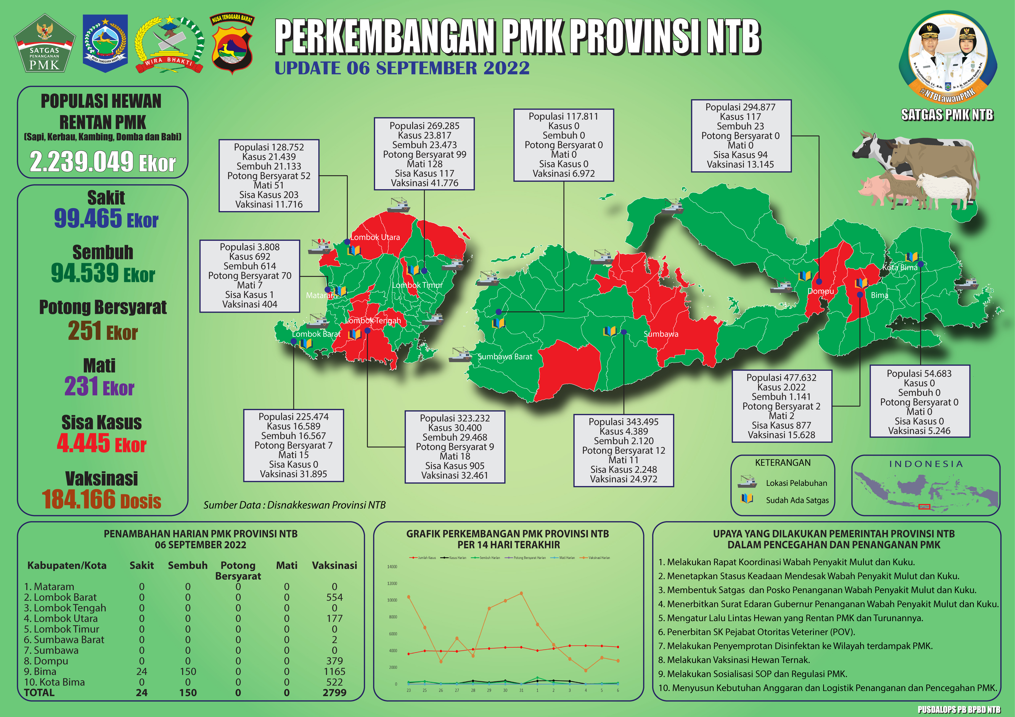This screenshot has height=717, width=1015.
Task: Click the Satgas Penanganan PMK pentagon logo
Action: (44, 44)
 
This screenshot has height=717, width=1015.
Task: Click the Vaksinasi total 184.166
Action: (80, 499)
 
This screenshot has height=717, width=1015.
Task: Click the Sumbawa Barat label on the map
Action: (505, 357)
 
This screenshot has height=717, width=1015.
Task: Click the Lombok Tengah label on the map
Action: (373, 321)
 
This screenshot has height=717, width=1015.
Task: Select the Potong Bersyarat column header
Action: (238, 570)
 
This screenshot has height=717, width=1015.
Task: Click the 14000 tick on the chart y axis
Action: (392, 567)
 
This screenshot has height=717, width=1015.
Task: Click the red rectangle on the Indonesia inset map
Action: (924, 507)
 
